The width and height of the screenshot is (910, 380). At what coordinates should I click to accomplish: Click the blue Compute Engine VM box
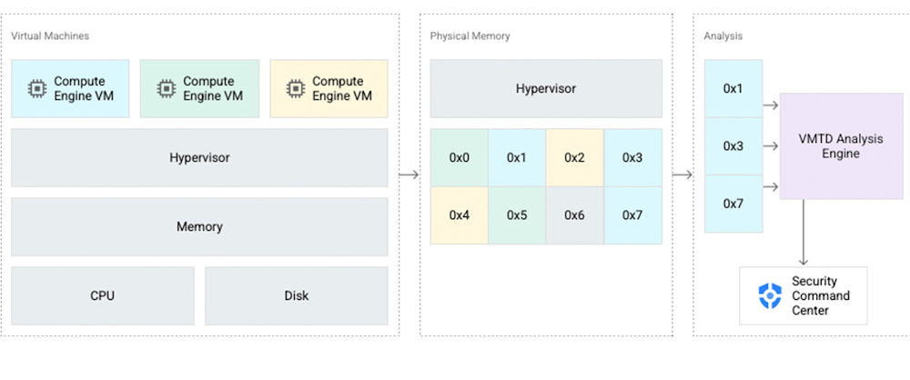[71, 88]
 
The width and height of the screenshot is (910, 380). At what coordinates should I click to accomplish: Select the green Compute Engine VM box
[199, 88]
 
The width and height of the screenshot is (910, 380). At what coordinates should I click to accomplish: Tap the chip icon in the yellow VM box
[295, 88]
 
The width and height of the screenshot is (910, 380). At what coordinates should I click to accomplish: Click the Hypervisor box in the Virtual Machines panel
[199, 157]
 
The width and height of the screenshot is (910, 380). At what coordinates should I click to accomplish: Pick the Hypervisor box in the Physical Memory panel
[546, 89]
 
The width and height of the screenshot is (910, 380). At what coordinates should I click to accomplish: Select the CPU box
[103, 295]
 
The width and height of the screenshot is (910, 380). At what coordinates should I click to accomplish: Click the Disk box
[296, 295]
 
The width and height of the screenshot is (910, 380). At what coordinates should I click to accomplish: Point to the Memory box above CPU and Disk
[199, 226]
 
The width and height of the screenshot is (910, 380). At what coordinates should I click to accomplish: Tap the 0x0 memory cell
[460, 157]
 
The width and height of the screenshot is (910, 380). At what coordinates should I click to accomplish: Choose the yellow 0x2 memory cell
[574, 157]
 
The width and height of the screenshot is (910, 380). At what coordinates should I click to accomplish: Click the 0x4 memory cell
[460, 215]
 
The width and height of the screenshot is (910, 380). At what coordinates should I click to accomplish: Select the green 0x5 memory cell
[517, 215]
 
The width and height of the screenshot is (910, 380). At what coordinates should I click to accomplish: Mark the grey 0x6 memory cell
[574, 215]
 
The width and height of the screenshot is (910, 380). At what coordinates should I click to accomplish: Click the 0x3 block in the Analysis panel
[733, 146]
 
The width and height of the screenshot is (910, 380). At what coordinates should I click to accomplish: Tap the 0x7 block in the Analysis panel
[733, 204]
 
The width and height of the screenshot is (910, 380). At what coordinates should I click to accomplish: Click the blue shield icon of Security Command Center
[770, 295]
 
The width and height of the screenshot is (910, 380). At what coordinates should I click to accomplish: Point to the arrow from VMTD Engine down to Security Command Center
[804, 233]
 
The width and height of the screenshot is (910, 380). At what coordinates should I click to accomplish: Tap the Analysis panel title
[723, 35]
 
